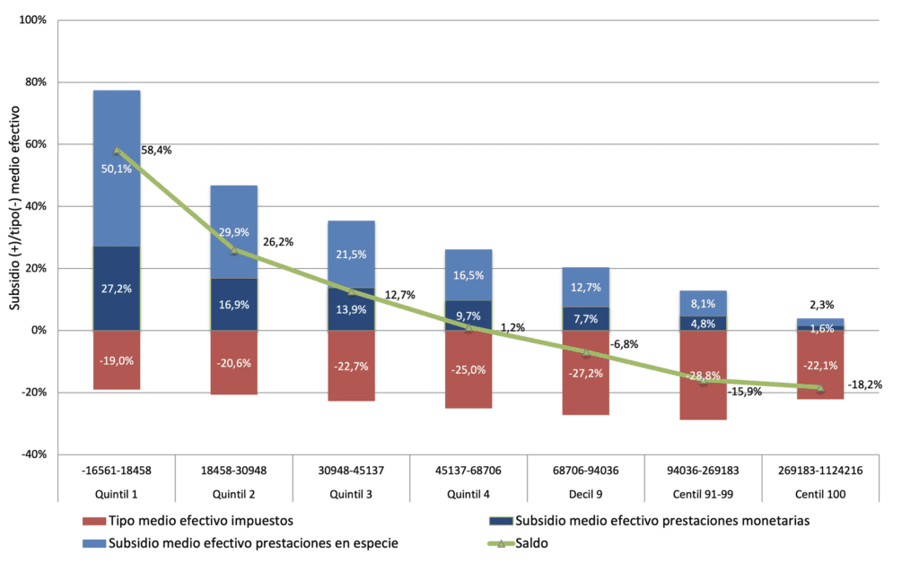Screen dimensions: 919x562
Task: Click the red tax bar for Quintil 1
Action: tap(117, 360)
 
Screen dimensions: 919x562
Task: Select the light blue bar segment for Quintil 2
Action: tap(234, 232)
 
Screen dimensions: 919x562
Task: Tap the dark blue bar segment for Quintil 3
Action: tap(351, 309)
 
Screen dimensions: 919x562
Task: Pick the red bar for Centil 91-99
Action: tap(704, 376)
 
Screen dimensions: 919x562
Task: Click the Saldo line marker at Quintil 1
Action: tap(117, 151)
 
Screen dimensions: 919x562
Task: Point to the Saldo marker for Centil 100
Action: tap(820, 388)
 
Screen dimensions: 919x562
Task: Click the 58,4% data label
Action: tap(156, 151)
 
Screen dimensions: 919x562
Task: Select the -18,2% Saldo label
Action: tap(865, 385)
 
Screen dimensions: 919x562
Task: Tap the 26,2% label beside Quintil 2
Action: tap(278, 242)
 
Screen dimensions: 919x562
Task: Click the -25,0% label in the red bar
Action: tap(468, 370)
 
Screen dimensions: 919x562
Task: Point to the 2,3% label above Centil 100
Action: tap(822, 305)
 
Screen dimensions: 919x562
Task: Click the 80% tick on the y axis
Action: tap(36, 82)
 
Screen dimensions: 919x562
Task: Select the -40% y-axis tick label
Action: tap(34, 454)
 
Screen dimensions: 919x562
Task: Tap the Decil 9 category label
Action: tap(585, 495)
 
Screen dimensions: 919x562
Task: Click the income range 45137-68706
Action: tap(468, 471)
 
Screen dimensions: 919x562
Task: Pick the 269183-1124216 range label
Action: tap(820, 471)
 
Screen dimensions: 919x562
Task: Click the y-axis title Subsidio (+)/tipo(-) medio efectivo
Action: tap(14, 208)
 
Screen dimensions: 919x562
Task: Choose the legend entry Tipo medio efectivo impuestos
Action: tap(188, 521)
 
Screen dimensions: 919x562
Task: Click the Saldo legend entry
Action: tap(518, 543)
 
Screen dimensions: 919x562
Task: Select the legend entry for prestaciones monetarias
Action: tap(650, 521)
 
